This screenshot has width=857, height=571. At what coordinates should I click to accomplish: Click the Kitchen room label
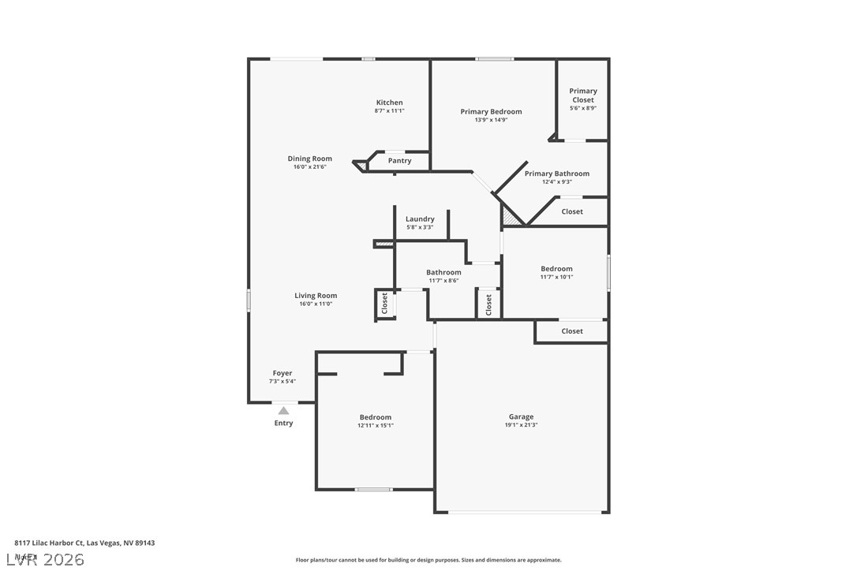(389, 103)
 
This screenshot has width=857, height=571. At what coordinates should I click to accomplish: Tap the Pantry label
(400, 161)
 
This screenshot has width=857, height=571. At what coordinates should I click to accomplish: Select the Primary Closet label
(583, 95)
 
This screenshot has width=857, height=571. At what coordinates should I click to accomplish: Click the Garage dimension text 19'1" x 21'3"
(521, 425)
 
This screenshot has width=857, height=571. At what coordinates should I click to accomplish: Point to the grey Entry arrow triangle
(283, 410)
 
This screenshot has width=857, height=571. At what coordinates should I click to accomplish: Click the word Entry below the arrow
(283, 424)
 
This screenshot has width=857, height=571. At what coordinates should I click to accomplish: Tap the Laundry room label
(420, 219)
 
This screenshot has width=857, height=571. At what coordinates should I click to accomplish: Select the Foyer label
(283, 373)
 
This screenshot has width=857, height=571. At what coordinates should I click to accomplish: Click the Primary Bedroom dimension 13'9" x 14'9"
(491, 120)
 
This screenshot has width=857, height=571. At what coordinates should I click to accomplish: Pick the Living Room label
(316, 296)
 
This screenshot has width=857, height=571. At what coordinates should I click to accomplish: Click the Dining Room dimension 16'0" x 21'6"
(309, 166)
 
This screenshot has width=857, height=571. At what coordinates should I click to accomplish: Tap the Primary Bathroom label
(556, 174)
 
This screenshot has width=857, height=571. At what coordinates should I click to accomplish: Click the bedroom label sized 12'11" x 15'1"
(376, 417)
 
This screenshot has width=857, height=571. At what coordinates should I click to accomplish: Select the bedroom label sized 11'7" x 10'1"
(556, 269)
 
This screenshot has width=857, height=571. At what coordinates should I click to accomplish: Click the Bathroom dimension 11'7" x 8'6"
(443, 281)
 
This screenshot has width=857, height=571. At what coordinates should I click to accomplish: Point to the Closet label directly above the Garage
(572, 331)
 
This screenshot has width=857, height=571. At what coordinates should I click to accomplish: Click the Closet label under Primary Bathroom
(572, 211)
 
